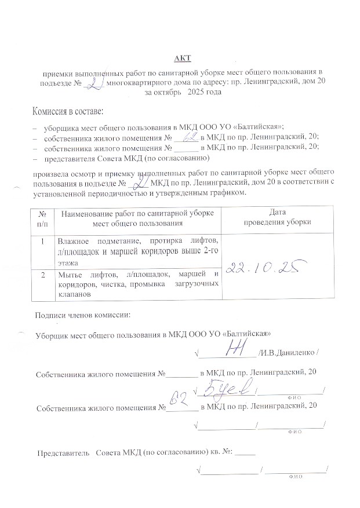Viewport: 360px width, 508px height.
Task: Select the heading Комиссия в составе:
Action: tap(68, 111)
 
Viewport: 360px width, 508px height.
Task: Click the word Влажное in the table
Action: tap(72, 240)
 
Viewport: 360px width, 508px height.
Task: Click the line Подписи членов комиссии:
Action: tap(83, 315)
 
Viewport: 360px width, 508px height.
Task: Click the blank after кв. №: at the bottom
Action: tap(246, 452)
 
